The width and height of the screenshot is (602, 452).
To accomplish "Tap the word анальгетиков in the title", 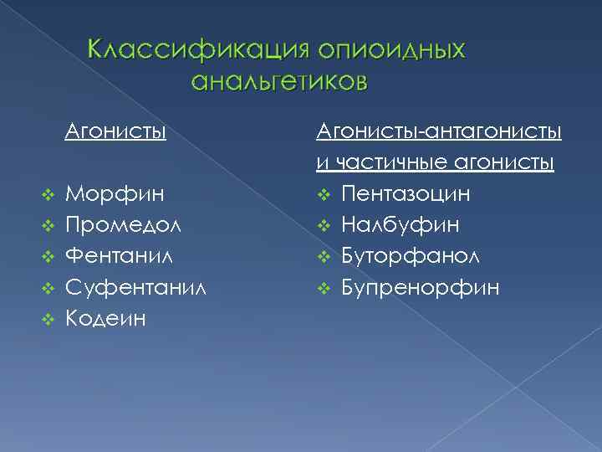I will tap(278, 82).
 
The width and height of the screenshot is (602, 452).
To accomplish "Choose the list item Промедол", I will tap(124, 225).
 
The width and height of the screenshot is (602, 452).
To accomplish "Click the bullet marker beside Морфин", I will tap(47, 195).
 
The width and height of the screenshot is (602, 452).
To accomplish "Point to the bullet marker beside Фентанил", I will tap(47, 257).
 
